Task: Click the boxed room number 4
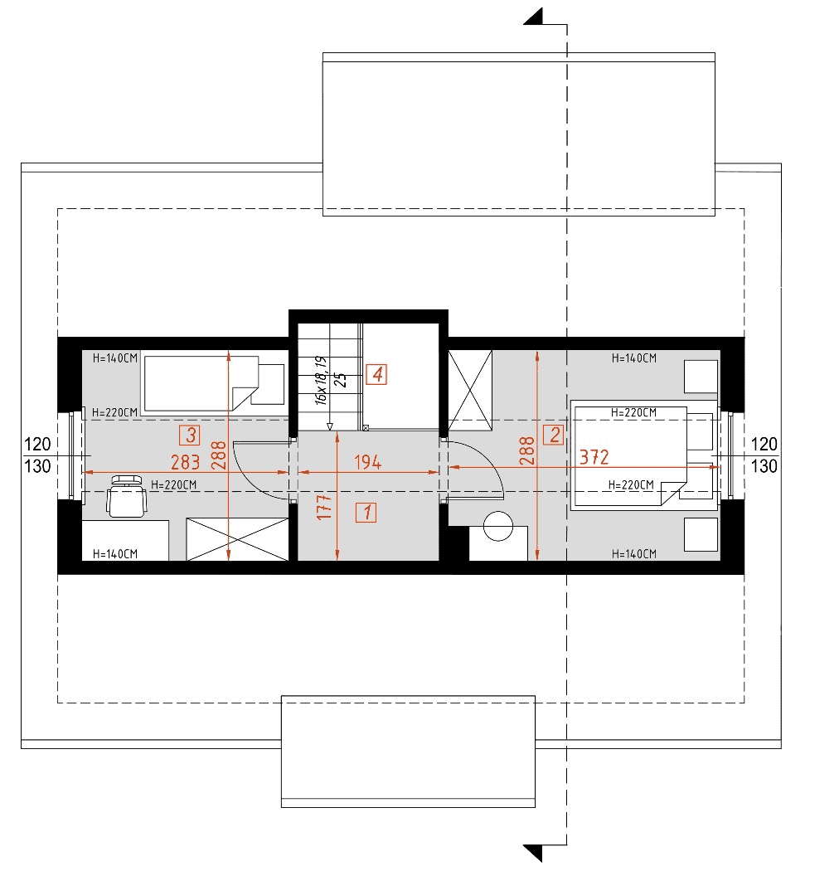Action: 376,374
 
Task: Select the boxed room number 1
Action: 366,513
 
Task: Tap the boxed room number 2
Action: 554,435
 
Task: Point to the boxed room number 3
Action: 190,435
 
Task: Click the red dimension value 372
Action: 594,457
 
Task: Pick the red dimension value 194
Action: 367,462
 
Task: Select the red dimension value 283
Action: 185,462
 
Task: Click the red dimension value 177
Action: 324,507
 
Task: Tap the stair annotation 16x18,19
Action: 321,381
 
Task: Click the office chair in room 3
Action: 127,496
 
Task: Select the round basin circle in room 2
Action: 498,526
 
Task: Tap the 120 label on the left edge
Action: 37,445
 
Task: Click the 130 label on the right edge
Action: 764,466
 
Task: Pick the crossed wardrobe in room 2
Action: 470,390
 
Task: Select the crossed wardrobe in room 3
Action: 237,539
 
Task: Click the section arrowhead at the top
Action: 534,17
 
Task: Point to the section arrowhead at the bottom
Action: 534,854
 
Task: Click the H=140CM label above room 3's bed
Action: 115,358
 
